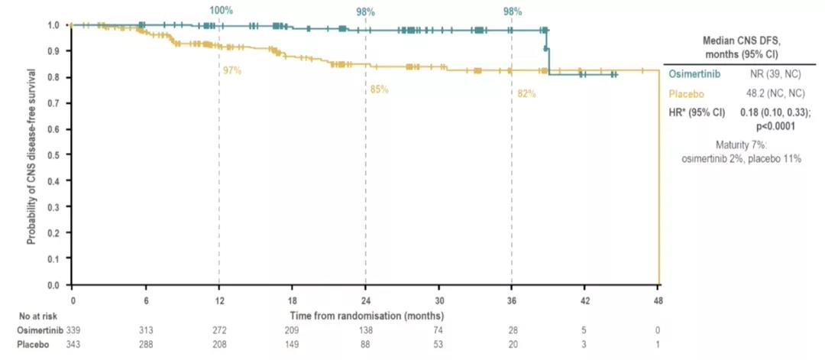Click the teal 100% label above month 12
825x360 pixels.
click(221, 11)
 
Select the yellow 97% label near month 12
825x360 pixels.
click(232, 70)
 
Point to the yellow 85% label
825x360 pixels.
click(380, 89)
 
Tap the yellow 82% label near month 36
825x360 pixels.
click(526, 94)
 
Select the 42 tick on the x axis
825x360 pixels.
click(585, 300)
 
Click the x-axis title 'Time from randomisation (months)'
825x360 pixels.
click(367, 315)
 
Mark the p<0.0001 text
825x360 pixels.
click(775, 126)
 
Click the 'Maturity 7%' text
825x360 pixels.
click(739, 145)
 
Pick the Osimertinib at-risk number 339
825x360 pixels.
click(74, 329)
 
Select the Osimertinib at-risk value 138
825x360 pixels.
click(366, 329)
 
